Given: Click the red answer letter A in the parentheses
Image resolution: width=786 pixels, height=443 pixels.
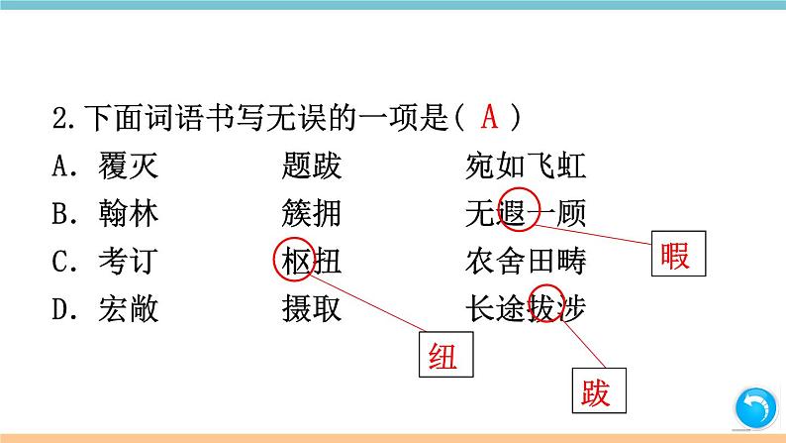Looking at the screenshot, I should click(x=489, y=118).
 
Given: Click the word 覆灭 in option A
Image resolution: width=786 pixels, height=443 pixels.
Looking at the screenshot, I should click(x=128, y=166).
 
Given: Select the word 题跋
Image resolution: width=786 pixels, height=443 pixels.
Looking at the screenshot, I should click(x=311, y=166).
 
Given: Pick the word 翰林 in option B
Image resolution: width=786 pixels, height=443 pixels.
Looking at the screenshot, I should click(x=128, y=214).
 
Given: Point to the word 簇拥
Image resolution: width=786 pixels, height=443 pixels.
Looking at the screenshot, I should click(x=311, y=214).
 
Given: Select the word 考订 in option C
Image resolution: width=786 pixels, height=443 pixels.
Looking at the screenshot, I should click(x=128, y=262).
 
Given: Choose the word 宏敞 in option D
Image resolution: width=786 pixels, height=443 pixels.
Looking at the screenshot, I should click(x=128, y=309).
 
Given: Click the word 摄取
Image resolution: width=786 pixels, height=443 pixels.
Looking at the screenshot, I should click(x=311, y=309).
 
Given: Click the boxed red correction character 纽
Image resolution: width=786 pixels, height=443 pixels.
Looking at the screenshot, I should click(x=442, y=356).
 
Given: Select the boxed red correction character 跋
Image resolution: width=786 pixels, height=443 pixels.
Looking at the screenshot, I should click(x=596, y=393).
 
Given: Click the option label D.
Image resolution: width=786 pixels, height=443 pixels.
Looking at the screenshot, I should click(x=60, y=309).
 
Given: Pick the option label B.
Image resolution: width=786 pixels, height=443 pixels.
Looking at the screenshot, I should click(x=60, y=214).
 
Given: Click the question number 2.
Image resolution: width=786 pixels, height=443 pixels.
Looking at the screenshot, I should click(x=58, y=119).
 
